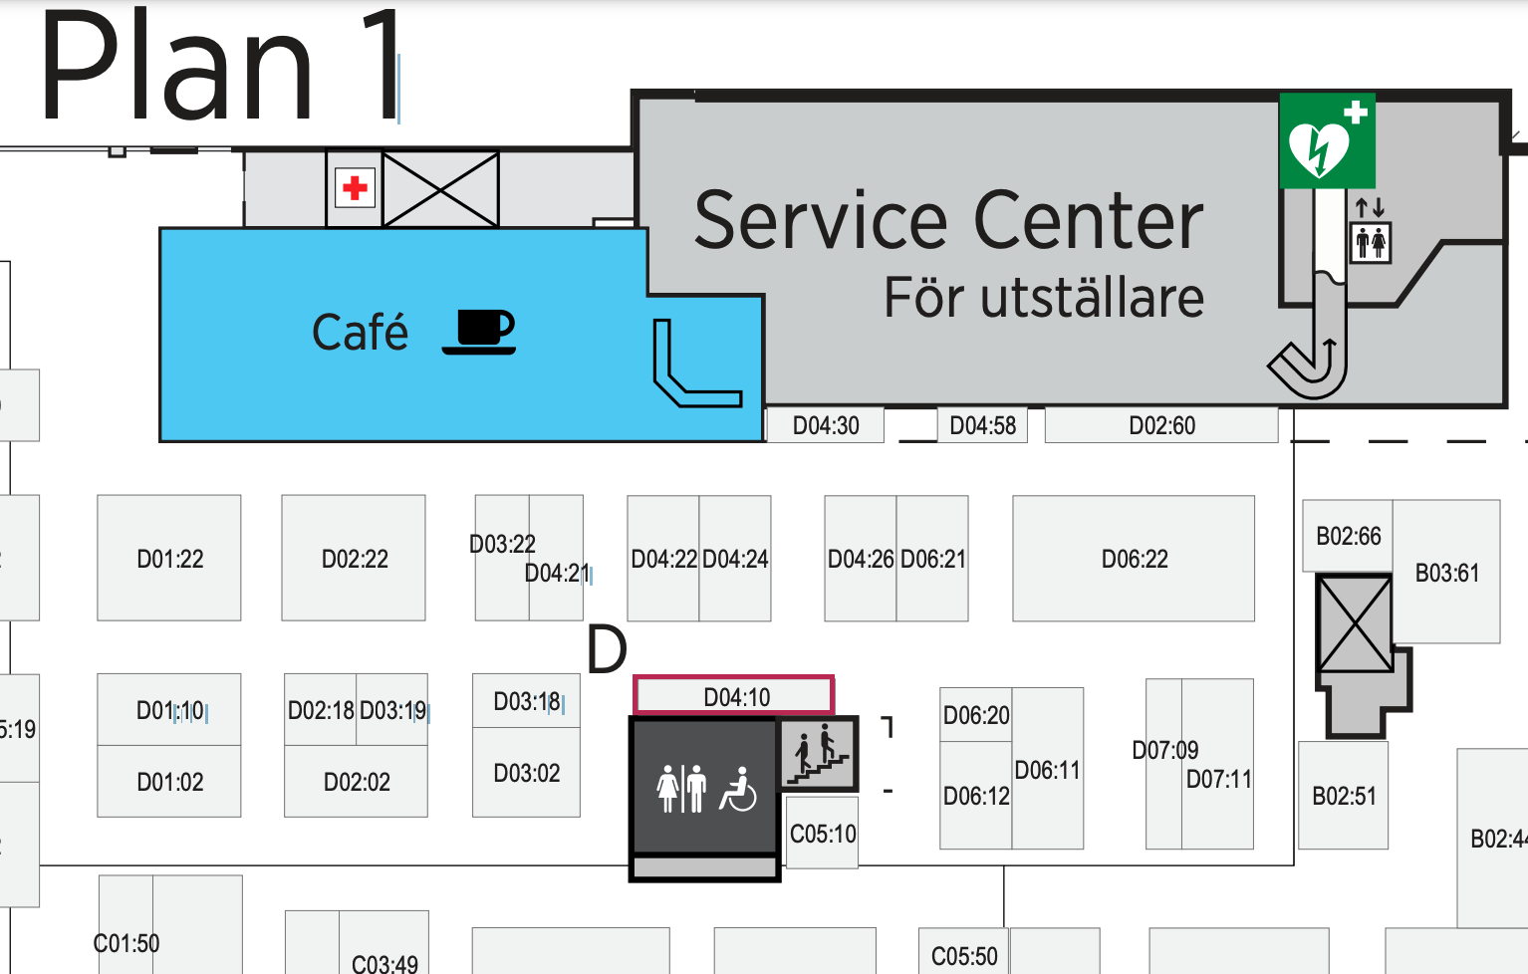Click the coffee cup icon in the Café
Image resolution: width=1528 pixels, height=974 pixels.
click(479, 333)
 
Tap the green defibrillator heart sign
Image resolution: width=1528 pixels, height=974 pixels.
click(1326, 140)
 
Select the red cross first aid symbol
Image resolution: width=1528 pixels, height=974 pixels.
click(355, 187)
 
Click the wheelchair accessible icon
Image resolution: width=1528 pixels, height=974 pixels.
click(738, 790)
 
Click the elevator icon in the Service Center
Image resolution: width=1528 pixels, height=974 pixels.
click(1370, 241)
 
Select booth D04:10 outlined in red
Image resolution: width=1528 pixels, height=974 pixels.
click(734, 696)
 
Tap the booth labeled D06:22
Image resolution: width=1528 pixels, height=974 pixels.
click(1134, 559)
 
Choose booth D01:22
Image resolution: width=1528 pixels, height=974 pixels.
click(169, 559)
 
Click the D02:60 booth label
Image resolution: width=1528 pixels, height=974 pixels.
click(1161, 425)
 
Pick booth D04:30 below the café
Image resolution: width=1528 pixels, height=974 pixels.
click(825, 425)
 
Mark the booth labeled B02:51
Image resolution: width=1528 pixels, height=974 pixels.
click(1343, 795)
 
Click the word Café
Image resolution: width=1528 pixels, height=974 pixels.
click(360, 333)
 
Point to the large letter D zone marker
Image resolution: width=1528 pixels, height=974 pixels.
click(606, 649)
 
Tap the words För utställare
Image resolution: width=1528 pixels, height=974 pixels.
click(1044, 298)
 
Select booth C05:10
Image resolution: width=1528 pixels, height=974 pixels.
click(822, 834)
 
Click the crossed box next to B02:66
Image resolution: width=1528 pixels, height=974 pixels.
click(1354, 623)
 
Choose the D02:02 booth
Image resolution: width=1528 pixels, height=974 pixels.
click(357, 782)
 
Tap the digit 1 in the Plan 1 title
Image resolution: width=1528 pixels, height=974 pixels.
click(382, 68)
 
